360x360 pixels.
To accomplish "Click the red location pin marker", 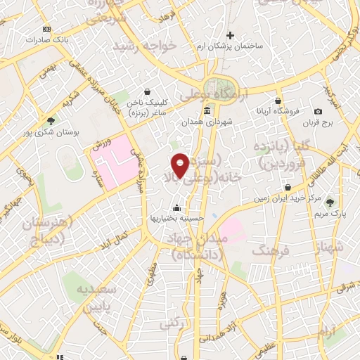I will [x=181, y=165].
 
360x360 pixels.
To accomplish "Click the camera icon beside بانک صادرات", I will [x=47, y=29].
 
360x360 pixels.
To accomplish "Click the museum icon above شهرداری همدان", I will [x=207, y=111].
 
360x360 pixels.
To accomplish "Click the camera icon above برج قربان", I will [x=318, y=112].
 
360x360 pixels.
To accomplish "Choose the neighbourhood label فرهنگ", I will [x=266, y=250].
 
